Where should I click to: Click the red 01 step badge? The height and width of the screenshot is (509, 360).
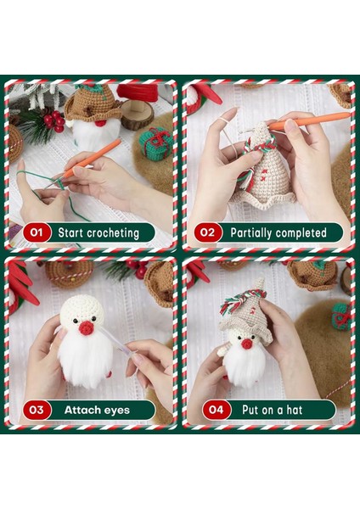coord(37,231)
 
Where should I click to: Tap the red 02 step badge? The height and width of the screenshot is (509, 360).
coord(205,232)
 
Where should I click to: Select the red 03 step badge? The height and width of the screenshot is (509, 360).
coord(37,410)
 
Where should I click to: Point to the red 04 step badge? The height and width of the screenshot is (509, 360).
coord(205,410)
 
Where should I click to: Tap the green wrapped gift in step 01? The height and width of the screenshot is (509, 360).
coord(155,143)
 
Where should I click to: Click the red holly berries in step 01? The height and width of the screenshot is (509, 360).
coord(53,120)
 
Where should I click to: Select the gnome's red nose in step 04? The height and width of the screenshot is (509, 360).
coord(246,343)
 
